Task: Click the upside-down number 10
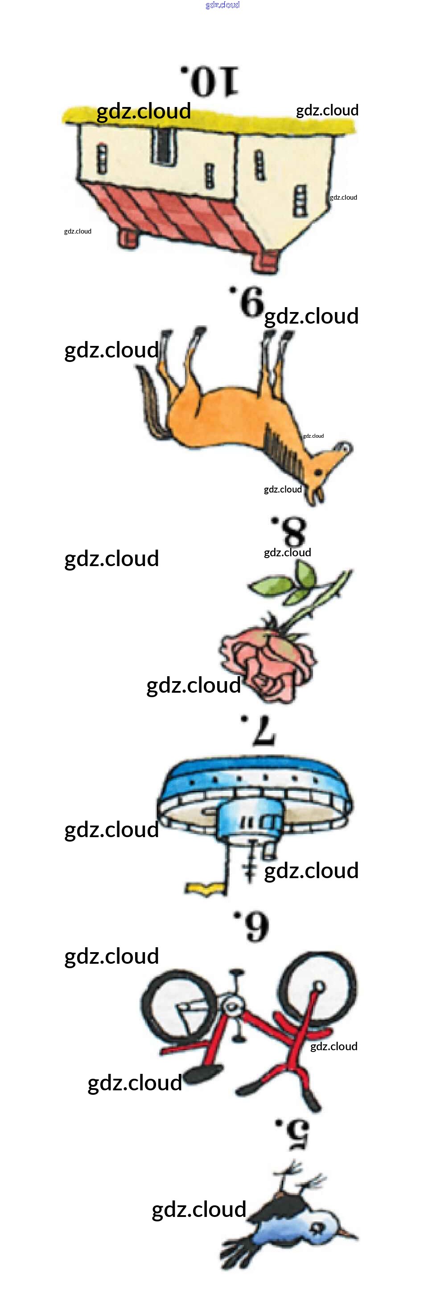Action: (210, 81)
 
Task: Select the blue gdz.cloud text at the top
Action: (222, 5)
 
